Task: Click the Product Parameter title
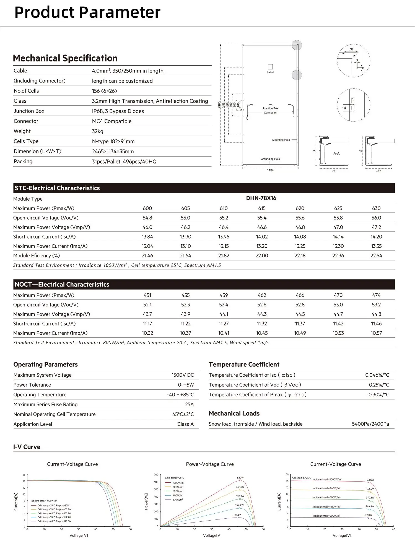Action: [x=87, y=12]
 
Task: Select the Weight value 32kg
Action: [x=97, y=131]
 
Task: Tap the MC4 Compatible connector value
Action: [x=111, y=121]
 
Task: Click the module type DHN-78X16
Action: [x=261, y=198]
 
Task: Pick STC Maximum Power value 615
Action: [x=262, y=208]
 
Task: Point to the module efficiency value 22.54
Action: [x=376, y=256]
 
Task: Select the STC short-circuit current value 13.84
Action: [x=147, y=237]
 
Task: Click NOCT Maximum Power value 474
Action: [x=376, y=295]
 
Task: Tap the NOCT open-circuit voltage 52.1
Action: [x=147, y=305]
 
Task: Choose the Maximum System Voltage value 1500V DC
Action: [x=182, y=375]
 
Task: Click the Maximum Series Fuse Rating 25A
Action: [x=189, y=404]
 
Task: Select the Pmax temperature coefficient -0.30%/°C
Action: [x=378, y=395]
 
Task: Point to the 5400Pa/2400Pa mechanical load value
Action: [x=370, y=424]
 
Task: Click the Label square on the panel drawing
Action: [x=270, y=67]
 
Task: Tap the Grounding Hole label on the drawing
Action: [x=270, y=159]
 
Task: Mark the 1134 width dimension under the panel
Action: [x=270, y=170]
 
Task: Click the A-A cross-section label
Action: [x=336, y=153]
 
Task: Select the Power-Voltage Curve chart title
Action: [x=210, y=464]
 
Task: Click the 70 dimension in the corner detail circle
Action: [x=351, y=49]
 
